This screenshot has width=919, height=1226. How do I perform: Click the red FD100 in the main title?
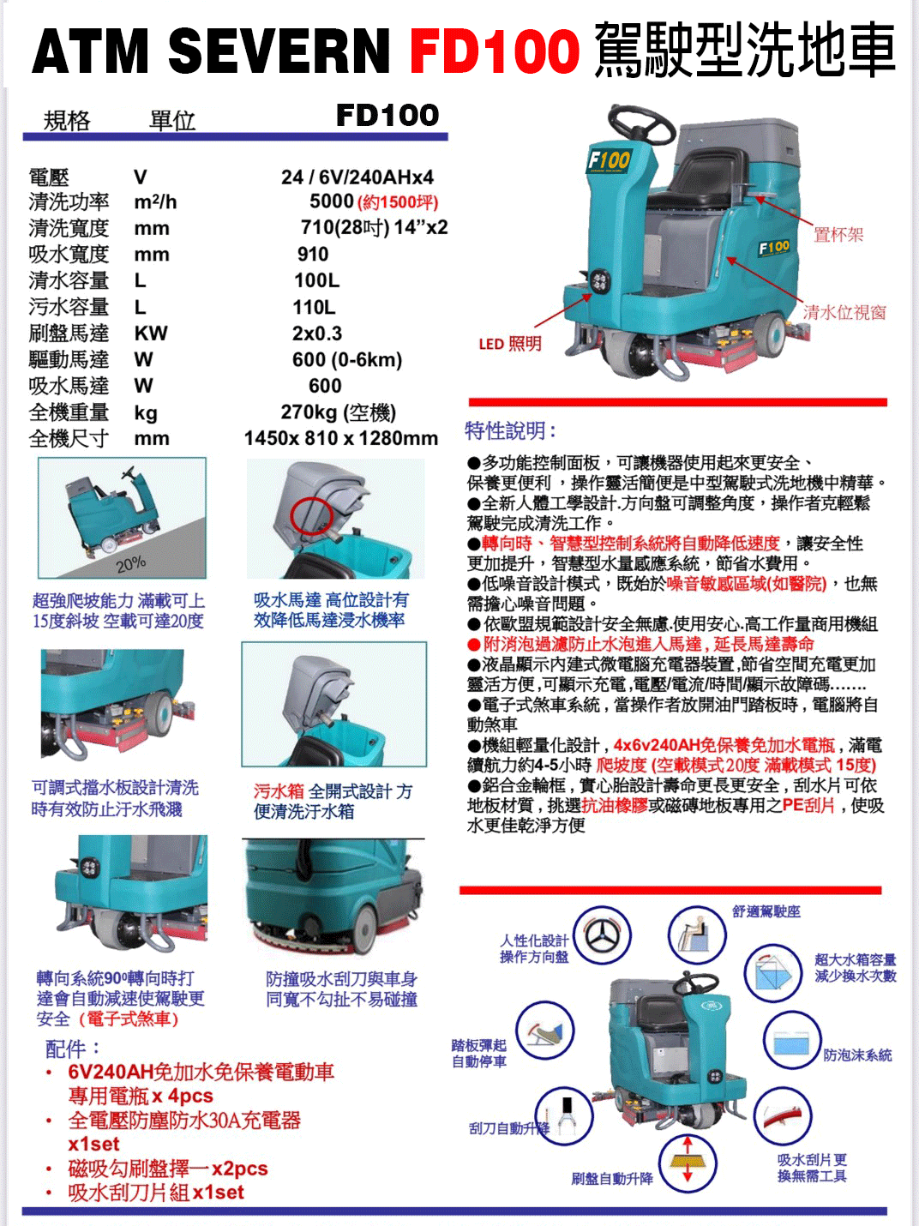(495, 51)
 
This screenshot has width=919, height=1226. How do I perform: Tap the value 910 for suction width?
(313, 255)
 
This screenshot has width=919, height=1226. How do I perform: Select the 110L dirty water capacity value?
(315, 307)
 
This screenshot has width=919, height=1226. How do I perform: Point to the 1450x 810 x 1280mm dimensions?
(341, 439)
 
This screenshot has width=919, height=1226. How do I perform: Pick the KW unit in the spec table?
(151, 334)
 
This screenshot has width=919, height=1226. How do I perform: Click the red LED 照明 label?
(510, 345)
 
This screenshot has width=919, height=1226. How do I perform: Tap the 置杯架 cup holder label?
(838, 234)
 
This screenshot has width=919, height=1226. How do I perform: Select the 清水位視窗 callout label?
(844, 313)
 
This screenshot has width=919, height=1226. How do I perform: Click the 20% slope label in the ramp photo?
(130, 563)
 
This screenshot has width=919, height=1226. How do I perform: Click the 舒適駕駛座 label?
(766, 911)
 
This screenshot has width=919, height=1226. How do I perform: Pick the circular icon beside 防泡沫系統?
(787, 1041)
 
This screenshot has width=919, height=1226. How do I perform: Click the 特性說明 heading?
(510, 430)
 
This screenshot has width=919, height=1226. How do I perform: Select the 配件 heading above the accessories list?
(73, 1048)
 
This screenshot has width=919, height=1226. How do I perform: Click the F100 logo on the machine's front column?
(610, 160)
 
